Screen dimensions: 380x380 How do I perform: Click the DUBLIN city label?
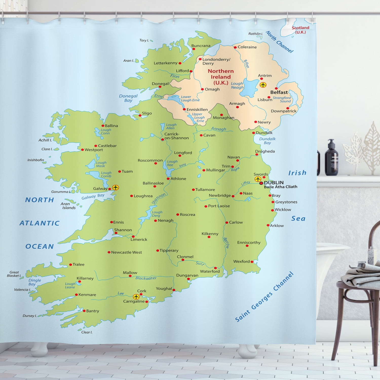click(x=274, y=182)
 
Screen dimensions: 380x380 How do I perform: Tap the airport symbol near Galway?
click(x=116, y=188)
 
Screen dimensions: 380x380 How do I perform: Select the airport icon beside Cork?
click(x=136, y=297)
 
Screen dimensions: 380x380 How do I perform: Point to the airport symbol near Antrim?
click(x=263, y=85)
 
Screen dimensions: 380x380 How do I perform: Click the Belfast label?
click(x=279, y=92)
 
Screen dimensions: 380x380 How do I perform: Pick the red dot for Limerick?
click(x=133, y=237)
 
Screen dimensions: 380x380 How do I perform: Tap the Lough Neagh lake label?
click(x=237, y=85)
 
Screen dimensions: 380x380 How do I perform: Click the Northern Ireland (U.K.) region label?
click(x=221, y=77)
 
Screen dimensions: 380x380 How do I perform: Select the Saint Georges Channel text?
click(x=264, y=297)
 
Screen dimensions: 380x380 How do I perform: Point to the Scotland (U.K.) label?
click(x=300, y=30)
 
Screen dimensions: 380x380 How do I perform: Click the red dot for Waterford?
click(x=215, y=268)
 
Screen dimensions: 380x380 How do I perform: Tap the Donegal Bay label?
click(x=128, y=98)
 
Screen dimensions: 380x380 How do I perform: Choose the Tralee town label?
click(x=78, y=264)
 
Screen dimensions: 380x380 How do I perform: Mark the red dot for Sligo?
click(x=140, y=116)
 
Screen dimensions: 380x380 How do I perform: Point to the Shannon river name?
click(x=159, y=198)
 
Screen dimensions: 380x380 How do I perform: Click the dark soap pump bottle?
click(x=331, y=158)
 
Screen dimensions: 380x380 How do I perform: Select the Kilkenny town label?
click(x=210, y=234)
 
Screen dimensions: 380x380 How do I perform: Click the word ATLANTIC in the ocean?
click(x=40, y=223)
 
